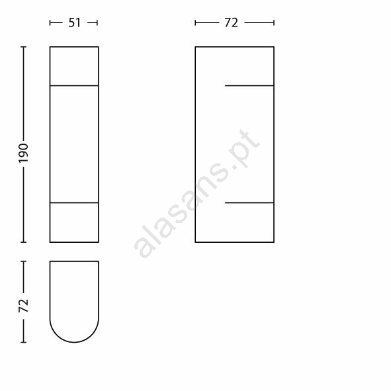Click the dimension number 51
click(x=74, y=23)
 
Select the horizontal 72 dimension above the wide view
click(x=231, y=23)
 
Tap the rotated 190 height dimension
click(x=24, y=153)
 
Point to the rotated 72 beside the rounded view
click(x=24, y=304)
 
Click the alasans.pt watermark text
click(x=197, y=194)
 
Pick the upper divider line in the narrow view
click(x=74, y=85)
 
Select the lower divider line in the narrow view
click(x=74, y=202)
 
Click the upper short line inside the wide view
click(x=249, y=85)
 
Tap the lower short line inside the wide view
click(x=249, y=202)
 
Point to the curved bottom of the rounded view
click(x=74, y=342)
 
